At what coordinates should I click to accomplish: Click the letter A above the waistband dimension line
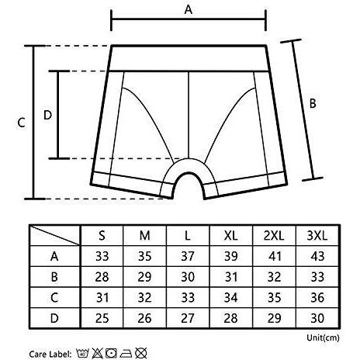(189, 9)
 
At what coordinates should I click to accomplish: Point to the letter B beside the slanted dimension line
(313, 103)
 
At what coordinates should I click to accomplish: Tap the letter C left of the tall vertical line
(21, 123)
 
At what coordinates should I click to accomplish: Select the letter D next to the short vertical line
(47, 115)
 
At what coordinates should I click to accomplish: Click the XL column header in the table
(230, 236)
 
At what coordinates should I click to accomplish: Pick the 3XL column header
(317, 236)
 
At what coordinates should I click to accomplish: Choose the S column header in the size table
(102, 236)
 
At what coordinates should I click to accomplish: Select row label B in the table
(54, 277)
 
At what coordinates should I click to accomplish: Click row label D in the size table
(54, 318)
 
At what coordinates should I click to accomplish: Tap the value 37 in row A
(188, 256)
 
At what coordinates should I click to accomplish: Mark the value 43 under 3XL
(317, 256)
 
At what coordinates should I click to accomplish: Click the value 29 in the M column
(144, 277)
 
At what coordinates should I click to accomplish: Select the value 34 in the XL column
(230, 297)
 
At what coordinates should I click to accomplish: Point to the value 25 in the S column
(102, 318)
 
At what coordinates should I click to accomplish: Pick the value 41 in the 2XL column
(274, 256)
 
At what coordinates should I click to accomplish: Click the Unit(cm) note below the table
(323, 337)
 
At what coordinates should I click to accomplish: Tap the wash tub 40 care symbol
(83, 353)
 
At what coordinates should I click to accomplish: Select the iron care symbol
(126, 353)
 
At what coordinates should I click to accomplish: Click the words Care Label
(50, 354)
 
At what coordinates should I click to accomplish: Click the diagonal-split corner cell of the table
(55, 235)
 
